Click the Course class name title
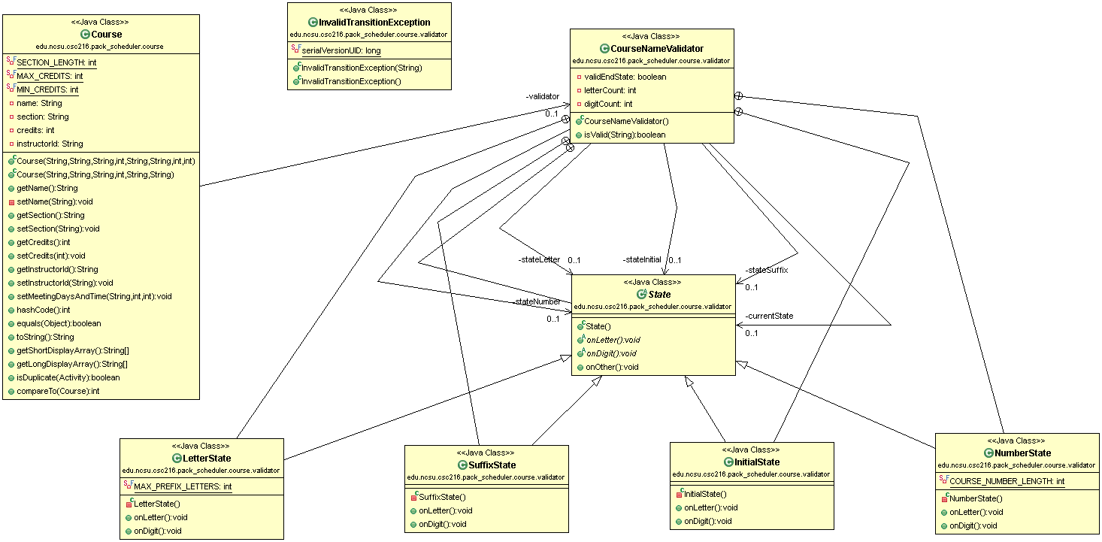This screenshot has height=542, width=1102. [x=106, y=35]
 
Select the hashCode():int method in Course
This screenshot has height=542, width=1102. [x=43, y=310]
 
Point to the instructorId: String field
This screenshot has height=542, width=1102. [x=50, y=144]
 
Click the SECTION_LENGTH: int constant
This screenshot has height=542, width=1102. [x=56, y=62]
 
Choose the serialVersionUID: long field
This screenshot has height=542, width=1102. [x=341, y=50]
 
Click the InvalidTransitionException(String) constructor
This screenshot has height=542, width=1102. [x=361, y=68]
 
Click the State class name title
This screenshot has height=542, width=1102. [x=658, y=295]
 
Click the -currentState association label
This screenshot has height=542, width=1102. [x=769, y=316]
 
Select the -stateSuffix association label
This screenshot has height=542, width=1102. [x=766, y=270]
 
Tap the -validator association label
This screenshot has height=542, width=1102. [x=542, y=96]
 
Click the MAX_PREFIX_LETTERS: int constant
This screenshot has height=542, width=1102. [x=183, y=487]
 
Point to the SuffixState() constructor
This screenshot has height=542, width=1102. [x=442, y=497]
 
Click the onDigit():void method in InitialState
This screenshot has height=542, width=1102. [x=706, y=521]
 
